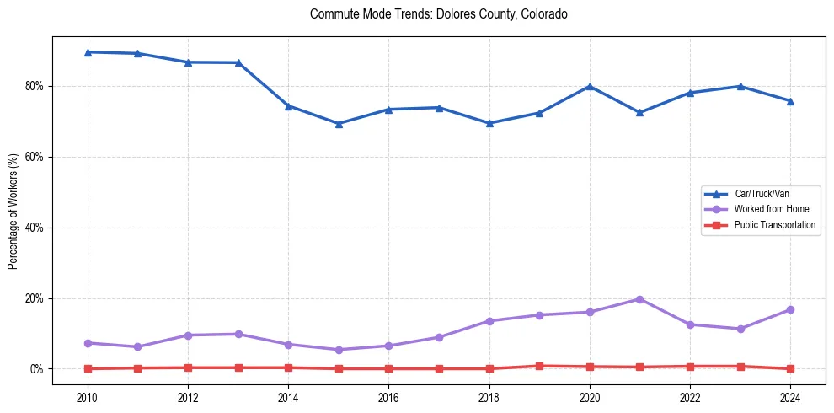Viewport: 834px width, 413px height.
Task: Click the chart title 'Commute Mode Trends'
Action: click(438, 14)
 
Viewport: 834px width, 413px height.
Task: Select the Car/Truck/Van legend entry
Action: click(761, 194)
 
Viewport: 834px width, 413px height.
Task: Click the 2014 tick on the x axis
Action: click(288, 395)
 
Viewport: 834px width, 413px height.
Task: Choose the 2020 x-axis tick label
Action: click(590, 395)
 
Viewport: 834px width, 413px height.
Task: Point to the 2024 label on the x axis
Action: click(790, 395)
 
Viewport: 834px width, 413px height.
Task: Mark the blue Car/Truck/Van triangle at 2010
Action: click(88, 52)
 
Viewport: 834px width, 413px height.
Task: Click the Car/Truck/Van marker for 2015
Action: click(339, 124)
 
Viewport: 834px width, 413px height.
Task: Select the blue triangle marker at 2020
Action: click(590, 87)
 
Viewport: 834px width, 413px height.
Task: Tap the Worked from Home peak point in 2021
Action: click(639, 299)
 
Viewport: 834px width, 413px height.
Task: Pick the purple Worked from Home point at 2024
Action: click(790, 310)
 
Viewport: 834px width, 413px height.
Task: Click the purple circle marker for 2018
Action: click(489, 321)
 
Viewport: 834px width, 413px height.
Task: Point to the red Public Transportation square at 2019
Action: click(539, 366)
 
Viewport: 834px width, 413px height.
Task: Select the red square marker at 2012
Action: click(188, 367)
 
